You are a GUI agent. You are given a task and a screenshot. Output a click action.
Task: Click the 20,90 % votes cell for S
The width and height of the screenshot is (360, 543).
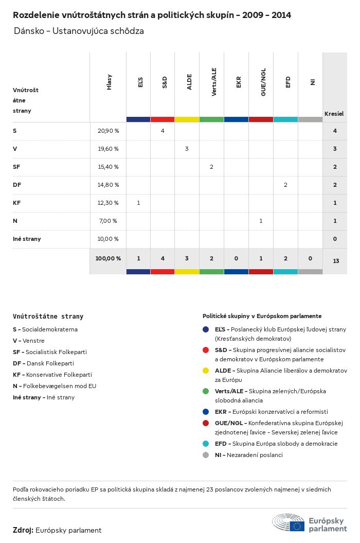[108, 131]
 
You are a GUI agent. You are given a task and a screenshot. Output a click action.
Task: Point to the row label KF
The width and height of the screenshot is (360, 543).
[16, 203]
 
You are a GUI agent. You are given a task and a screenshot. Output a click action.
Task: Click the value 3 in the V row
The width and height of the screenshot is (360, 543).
[187, 149]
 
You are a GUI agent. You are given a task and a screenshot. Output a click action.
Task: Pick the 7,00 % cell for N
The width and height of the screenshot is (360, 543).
[108, 221]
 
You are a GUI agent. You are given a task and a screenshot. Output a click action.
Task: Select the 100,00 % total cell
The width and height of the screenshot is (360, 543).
[108, 258]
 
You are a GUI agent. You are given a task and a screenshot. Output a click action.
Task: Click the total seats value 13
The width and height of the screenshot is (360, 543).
[336, 261]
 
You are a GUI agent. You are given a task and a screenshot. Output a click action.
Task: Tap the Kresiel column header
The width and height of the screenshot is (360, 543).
[334, 113]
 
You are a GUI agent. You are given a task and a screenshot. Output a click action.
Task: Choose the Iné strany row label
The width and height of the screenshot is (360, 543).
[27, 239]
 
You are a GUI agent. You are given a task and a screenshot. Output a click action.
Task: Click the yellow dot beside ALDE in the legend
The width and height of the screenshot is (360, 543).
[206, 371]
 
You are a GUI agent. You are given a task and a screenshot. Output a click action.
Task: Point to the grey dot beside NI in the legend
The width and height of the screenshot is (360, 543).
[206, 455]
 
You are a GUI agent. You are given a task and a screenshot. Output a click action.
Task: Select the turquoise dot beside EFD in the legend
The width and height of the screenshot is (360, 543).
[206, 444]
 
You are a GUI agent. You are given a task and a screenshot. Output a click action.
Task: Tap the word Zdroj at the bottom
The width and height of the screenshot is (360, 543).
[23, 530]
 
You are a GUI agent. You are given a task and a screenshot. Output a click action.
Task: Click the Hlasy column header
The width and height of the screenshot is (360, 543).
[109, 82]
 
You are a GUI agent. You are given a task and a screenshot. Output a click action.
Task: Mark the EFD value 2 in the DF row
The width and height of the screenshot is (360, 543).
[285, 185]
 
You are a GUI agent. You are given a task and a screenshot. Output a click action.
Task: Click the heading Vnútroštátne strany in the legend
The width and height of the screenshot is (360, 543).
[48, 317]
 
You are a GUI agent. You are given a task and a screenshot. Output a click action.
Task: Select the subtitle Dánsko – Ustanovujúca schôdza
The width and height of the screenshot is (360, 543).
[79, 31]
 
